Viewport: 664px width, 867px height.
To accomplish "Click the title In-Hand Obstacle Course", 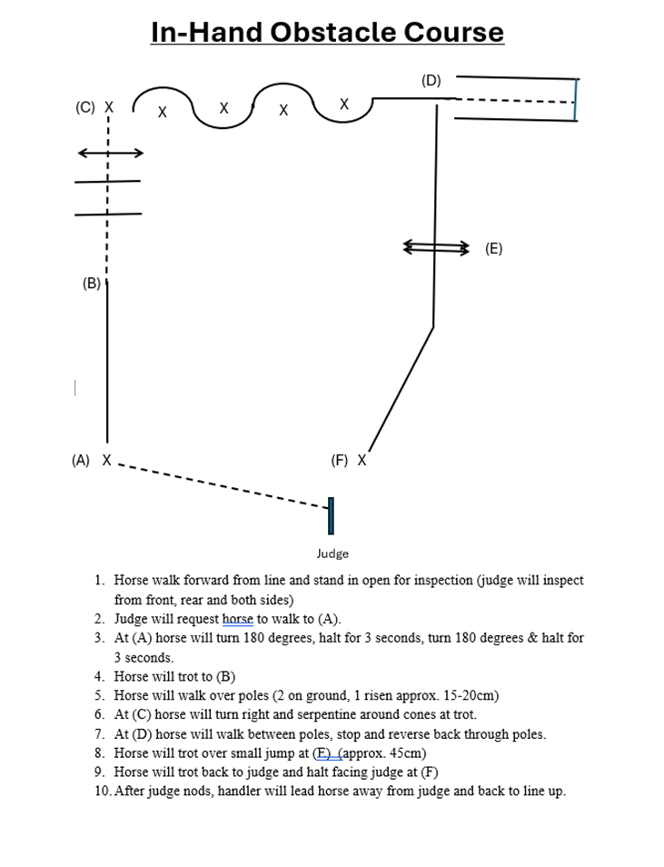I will tap(327, 32).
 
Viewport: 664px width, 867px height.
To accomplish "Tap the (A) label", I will tap(81, 461).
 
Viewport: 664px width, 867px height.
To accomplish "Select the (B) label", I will tap(91, 284).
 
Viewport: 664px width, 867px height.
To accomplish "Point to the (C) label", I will tap(84, 107).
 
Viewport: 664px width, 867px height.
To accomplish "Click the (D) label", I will tap(431, 81).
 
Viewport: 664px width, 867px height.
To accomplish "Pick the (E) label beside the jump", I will tap(493, 248).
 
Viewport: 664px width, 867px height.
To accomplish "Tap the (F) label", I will tap(340, 461).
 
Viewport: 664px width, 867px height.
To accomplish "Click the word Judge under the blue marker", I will tap(332, 553).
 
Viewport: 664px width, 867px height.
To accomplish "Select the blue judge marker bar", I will tap(331, 515).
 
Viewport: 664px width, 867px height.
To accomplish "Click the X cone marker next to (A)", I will tap(107, 460).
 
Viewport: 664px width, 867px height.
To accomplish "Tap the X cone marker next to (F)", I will tap(362, 460).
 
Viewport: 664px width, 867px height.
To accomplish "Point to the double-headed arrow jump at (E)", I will tap(437, 246).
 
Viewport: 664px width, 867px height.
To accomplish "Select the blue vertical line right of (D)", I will tap(576, 99).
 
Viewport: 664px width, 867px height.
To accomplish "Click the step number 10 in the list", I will tap(102, 791).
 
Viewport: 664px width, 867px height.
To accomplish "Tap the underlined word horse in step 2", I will tap(238, 620).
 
